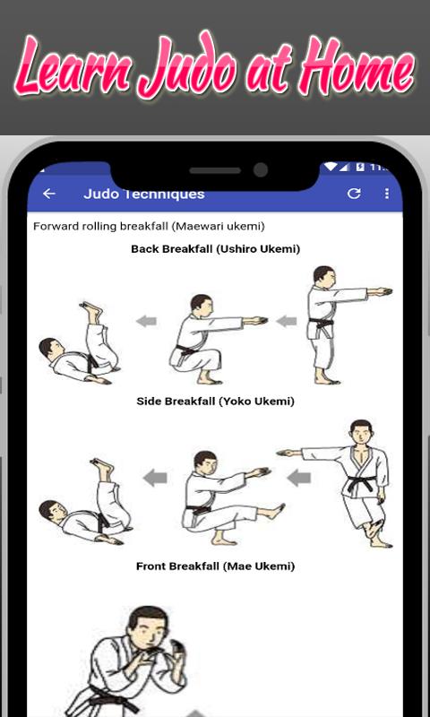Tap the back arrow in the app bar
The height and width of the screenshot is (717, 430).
pyautogui.click(x=49, y=194)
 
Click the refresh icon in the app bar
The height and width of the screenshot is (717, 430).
pyautogui.click(x=354, y=194)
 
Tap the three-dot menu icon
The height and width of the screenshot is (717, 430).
pyautogui.click(x=387, y=194)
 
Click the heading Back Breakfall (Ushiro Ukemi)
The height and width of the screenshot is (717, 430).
pyautogui.click(x=215, y=249)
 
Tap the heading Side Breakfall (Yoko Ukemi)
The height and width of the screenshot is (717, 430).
pyautogui.click(x=215, y=402)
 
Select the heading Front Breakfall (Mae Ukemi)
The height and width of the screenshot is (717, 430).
pyautogui.click(x=215, y=566)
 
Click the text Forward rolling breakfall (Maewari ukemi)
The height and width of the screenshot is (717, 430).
pyautogui.click(x=149, y=227)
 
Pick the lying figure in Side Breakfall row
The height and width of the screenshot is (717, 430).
pyautogui.click(x=85, y=502)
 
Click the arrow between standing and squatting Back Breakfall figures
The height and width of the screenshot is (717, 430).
pyautogui.click(x=286, y=322)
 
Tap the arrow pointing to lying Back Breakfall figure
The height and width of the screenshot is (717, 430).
pyautogui.click(x=146, y=322)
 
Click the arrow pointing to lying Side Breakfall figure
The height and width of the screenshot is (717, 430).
pyautogui.click(x=155, y=479)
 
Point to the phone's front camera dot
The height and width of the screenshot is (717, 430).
pyautogui.click(x=261, y=170)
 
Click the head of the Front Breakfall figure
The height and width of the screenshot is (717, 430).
pyautogui.click(x=148, y=626)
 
